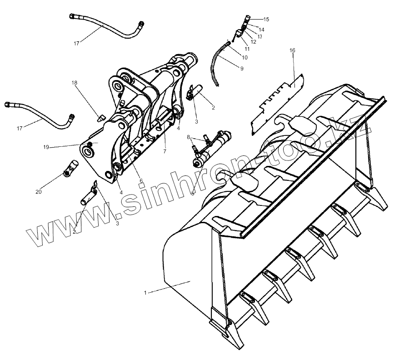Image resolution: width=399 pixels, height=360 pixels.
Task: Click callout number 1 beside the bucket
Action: (145, 293)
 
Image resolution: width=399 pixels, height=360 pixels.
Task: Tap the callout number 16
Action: (293, 50)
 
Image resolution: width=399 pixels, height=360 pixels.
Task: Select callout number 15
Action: (266, 19)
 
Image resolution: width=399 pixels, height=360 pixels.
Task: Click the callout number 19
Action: (46, 147)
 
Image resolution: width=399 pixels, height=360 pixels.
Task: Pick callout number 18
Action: (75, 83)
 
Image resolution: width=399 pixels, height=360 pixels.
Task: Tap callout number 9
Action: (242, 69)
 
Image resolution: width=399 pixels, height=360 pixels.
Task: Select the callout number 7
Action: (165, 151)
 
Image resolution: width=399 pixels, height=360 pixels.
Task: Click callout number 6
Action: (141, 181)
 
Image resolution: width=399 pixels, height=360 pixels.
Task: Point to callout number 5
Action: (193, 194)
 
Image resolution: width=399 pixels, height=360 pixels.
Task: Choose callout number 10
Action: (245, 58)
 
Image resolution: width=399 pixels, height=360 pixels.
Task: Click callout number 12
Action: (254, 41)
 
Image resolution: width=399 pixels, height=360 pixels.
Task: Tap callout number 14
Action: (262, 29)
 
